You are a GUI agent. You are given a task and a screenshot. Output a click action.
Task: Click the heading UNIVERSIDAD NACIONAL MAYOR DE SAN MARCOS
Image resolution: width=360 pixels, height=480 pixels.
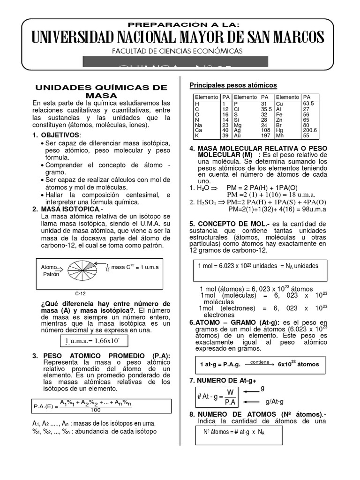(178, 37)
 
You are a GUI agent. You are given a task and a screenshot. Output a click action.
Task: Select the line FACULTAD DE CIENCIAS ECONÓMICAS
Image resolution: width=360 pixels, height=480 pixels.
(177, 51)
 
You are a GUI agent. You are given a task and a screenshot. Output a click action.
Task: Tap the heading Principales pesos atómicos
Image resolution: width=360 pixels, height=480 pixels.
(233, 85)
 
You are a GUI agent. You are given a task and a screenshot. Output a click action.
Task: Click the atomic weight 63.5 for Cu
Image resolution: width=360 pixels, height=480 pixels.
(308, 104)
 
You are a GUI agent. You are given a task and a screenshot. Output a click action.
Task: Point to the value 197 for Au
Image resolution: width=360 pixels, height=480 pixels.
(266, 135)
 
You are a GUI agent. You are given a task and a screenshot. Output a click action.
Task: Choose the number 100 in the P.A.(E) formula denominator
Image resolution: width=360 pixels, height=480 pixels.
(96, 410)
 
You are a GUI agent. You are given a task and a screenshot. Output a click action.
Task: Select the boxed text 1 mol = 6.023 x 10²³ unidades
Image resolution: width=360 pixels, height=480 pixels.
(258, 266)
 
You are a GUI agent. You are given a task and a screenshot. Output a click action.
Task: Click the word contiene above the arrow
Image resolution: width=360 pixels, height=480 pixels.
(259, 362)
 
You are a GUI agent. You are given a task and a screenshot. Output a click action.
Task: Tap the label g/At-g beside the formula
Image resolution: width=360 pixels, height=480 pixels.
(274, 402)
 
